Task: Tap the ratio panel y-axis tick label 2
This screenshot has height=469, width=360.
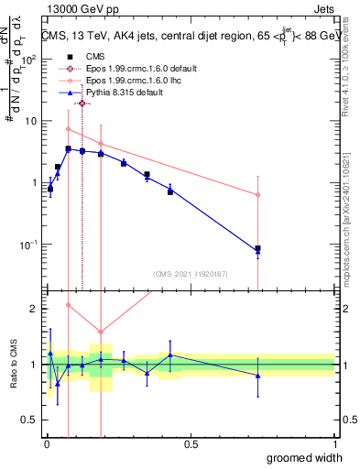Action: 35,309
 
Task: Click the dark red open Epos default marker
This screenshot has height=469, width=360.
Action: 82,104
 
